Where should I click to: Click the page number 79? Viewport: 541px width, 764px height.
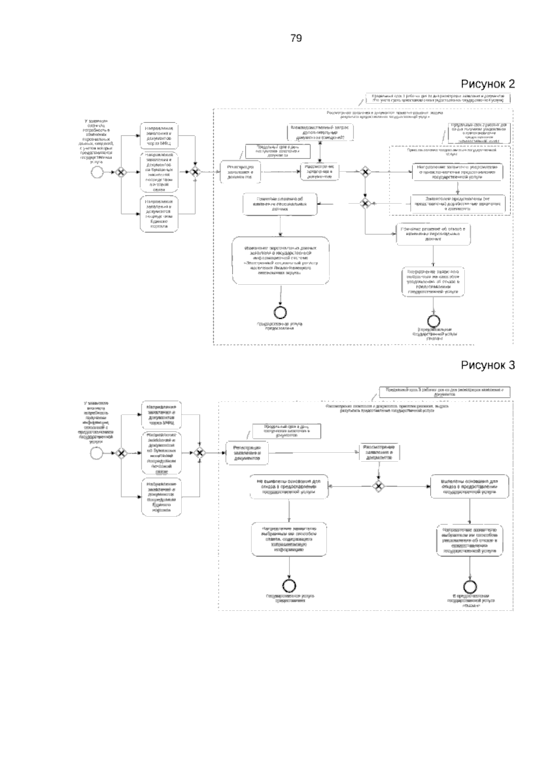pyautogui.click(x=296, y=38)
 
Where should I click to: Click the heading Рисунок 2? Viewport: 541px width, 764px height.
pyautogui.click(x=487, y=84)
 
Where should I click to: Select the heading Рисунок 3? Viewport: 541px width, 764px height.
pyautogui.click(x=487, y=365)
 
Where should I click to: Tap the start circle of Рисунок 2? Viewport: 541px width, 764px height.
pyautogui.click(x=96, y=172)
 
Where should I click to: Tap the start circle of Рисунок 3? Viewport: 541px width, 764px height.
pyautogui.click(x=96, y=453)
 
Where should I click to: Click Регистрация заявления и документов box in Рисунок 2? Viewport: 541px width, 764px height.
pyautogui.click(x=240, y=172)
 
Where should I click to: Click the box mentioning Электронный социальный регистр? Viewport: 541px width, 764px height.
pyautogui.click(x=281, y=260)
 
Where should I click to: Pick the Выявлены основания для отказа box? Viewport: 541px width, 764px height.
pyautogui.click(x=470, y=487)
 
